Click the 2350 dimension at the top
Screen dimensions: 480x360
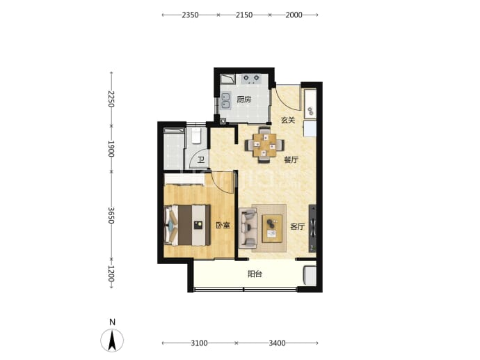[190, 15]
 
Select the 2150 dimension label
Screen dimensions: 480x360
[244, 15]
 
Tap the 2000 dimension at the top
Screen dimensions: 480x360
[294, 15]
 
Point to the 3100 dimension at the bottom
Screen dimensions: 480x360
[199, 343]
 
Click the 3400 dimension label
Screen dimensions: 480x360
[278, 343]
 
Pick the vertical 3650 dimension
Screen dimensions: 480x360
[111, 215]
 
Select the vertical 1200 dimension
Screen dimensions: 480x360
[111, 274]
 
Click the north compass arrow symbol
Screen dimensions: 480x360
[112, 340]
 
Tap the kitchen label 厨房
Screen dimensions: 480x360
[244, 100]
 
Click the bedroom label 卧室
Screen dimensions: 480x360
[223, 226]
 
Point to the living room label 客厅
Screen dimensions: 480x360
[297, 227]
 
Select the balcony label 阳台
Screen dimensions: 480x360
[255, 274]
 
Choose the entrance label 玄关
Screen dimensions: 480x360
[288, 120]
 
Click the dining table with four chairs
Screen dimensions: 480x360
[264, 145]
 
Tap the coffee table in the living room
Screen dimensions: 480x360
[272, 228]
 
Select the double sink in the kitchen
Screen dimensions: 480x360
[225, 100]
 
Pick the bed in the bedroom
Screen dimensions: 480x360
[187, 225]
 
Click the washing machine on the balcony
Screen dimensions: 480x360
[310, 276]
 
